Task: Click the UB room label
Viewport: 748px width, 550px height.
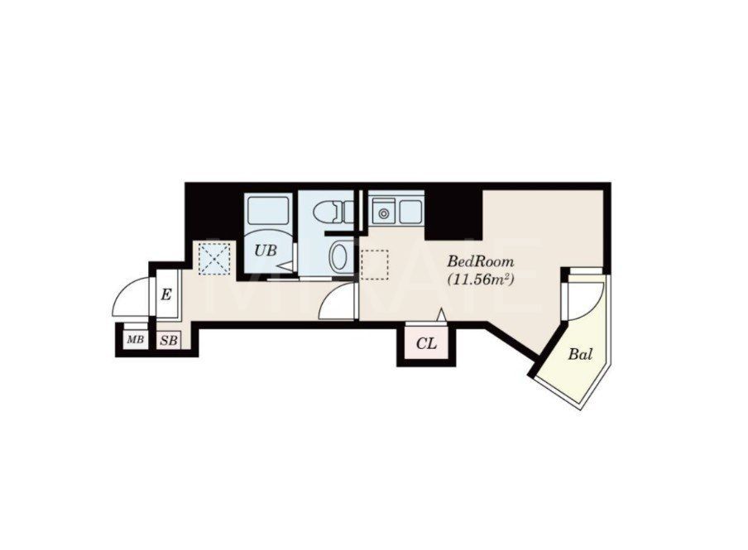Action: tap(266, 251)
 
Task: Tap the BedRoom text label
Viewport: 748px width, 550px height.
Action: tap(481, 262)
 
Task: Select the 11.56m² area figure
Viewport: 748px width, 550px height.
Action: tap(481, 280)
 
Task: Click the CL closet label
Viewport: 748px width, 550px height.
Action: tap(426, 343)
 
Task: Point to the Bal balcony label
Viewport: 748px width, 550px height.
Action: tap(580, 355)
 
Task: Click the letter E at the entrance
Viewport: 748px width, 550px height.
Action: tap(165, 294)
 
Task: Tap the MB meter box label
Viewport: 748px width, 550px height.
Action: tap(135, 340)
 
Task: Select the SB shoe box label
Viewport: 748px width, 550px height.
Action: tap(169, 341)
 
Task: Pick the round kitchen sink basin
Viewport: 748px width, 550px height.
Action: tap(383, 213)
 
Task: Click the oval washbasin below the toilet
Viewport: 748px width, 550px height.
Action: tap(339, 256)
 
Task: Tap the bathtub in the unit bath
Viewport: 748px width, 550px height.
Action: tap(267, 209)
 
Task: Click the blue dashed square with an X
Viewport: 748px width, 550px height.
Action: tap(214, 259)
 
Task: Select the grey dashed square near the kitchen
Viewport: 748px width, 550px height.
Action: tap(375, 265)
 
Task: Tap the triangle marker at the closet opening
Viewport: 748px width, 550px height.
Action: tap(442, 315)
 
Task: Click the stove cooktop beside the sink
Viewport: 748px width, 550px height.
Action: tap(410, 212)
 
